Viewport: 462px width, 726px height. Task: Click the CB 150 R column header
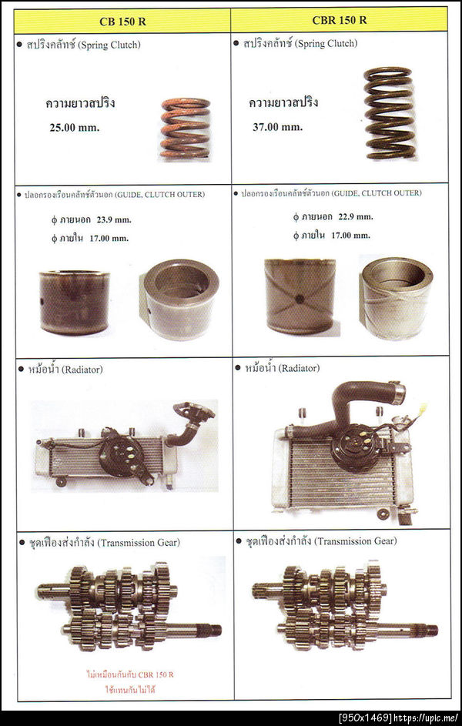[122, 22]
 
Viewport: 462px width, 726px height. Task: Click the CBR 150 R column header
[340, 20]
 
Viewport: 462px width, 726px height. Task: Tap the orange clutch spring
[185, 128]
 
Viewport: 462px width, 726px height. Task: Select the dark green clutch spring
[390, 113]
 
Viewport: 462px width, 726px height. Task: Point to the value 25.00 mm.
[75, 127]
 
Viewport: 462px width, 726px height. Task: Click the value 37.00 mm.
[277, 126]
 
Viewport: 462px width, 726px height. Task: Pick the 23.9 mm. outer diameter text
[114, 220]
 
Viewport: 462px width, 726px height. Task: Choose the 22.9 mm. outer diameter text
[356, 216]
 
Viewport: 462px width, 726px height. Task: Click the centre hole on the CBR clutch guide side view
[300, 299]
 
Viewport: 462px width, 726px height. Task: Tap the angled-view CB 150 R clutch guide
[179, 299]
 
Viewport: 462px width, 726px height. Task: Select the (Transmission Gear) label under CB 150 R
[138, 542]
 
